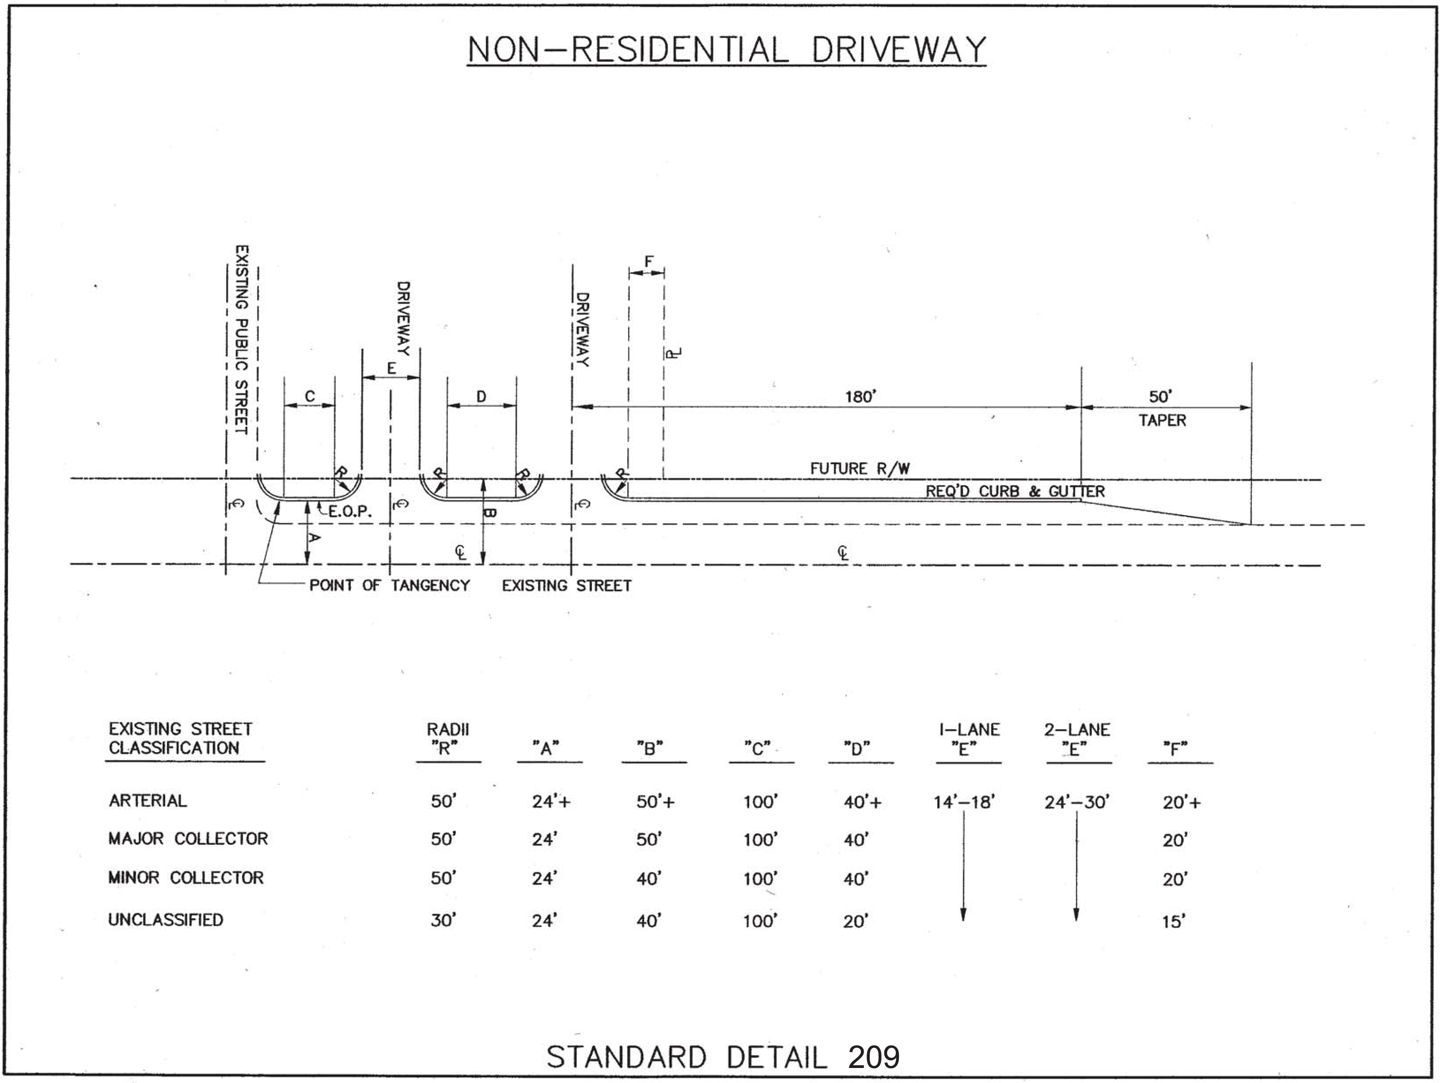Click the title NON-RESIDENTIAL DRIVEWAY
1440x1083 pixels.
click(x=727, y=50)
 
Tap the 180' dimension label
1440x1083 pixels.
click(x=860, y=397)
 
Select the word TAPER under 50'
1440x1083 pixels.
click(x=1162, y=421)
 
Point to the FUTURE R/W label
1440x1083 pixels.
click(x=859, y=468)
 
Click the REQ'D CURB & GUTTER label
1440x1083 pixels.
click(x=1015, y=492)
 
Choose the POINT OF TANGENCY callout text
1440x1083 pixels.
click(x=389, y=585)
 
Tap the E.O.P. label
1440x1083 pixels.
click(x=349, y=512)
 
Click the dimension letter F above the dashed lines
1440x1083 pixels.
click(x=648, y=262)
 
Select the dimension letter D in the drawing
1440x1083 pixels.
click(x=481, y=397)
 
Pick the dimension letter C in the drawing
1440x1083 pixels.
click(x=310, y=397)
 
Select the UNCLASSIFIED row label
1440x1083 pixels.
click(x=165, y=920)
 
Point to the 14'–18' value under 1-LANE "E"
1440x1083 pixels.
click(x=963, y=802)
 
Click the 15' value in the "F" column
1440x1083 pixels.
click(x=1173, y=921)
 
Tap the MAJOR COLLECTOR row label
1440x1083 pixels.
click(x=188, y=838)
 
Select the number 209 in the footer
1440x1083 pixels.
click(x=874, y=1057)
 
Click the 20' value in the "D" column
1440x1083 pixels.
click(x=856, y=921)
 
